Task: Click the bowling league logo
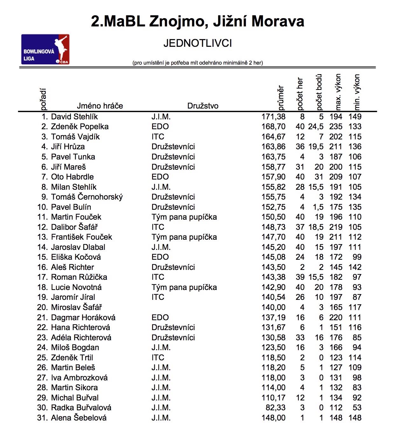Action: [x=45, y=49]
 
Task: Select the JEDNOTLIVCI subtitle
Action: [x=198, y=43]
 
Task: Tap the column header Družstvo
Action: [x=203, y=106]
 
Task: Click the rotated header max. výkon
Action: [x=338, y=92]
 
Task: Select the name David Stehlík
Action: [x=74, y=117]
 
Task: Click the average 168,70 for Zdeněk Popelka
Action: [x=274, y=127]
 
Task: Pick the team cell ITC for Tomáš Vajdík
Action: [x=158, y=137]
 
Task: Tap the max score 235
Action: [x=336, y=127]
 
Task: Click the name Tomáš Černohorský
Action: [x=87, y=197]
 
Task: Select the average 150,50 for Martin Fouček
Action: [x=274, y=217]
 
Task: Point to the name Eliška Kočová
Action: [x=76, y=257]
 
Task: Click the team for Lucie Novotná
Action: [x=184, y=287]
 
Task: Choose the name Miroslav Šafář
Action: [x=76, y=307]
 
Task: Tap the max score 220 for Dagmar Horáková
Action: [x=336, y=318]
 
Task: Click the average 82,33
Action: [x=276, y=408]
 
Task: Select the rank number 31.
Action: [x=42, y=418]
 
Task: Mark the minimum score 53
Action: [x=357, y=408]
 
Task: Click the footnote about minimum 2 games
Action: [x=198, y=63]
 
